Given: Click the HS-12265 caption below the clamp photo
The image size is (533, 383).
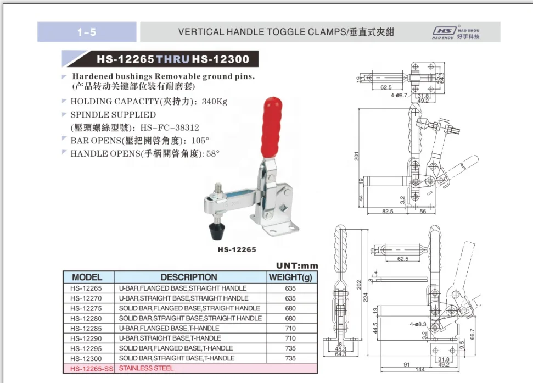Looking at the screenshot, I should click(237, 249).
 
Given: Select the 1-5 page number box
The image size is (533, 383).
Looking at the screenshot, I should click(87, 32).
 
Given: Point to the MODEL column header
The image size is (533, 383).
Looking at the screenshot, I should click(87, 277).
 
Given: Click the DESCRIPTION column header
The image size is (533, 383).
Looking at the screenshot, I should click(189, 277).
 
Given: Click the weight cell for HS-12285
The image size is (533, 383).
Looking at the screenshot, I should click(290, 328).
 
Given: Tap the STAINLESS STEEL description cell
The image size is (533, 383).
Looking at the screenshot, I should click(146, 368).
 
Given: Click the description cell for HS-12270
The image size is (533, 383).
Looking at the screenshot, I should click(183, 298).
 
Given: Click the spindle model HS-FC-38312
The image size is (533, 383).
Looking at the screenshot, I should click(168, 127).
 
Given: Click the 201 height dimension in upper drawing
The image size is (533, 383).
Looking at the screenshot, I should click(357, 157).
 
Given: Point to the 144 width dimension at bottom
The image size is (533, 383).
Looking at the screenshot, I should click(420, 370).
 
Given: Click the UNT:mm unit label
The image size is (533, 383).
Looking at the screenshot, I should click(297, 266).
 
